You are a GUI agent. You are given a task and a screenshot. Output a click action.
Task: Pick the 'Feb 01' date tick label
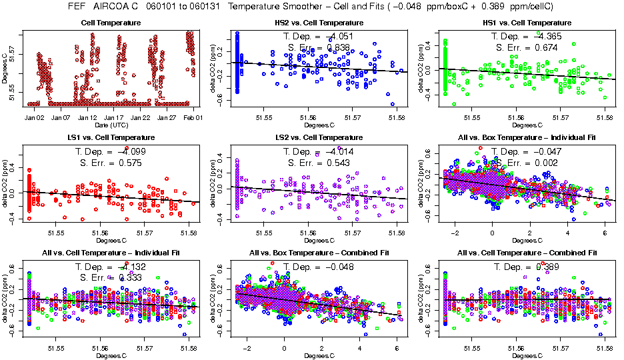click(x=192, y=117)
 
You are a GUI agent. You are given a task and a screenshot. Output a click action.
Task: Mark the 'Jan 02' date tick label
click(x=34, y=117)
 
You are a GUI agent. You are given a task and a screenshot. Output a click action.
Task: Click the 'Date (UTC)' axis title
click(x=111, y=125)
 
